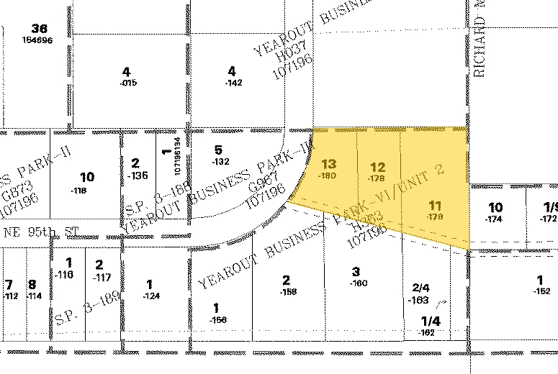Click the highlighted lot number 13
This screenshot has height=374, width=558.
328,164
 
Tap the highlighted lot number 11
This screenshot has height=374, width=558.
434,204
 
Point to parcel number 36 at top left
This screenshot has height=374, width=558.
40,29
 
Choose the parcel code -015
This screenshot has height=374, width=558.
128,83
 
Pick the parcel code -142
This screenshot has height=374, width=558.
233,83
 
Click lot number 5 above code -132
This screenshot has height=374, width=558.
219,150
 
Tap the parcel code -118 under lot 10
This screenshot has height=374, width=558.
78,191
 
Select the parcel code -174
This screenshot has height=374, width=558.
493,218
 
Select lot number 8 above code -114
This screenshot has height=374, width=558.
32,284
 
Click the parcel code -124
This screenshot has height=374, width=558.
150,296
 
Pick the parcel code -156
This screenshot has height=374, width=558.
217,319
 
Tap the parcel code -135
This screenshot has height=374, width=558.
137,175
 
